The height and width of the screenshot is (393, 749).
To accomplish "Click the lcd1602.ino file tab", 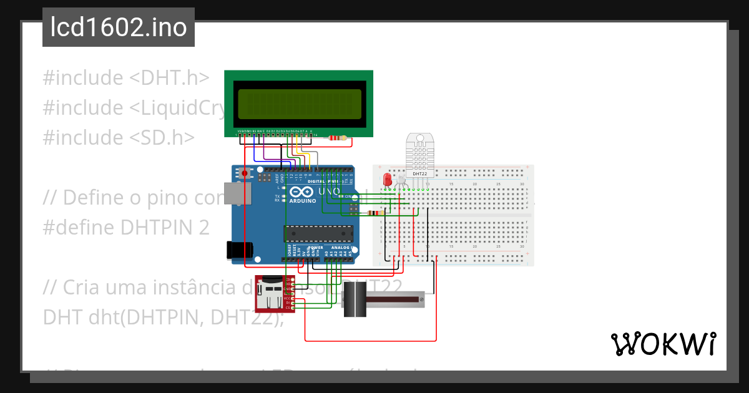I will point(118,27).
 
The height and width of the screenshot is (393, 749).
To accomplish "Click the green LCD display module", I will point(298,104).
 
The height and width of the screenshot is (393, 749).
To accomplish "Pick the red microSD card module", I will point(274,293).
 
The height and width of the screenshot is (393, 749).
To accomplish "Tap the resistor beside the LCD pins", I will point(337,138).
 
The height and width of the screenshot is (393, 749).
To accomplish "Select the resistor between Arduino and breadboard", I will point(374,213).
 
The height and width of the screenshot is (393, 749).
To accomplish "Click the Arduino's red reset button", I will point(245,173).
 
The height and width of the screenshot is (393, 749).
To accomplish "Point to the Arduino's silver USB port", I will point(237,193).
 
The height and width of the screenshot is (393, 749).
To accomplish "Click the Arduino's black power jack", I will point(239,250).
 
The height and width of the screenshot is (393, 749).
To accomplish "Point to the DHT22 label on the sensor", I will point(419,174).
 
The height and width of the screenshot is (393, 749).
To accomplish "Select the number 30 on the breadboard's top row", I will point(522,185).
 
